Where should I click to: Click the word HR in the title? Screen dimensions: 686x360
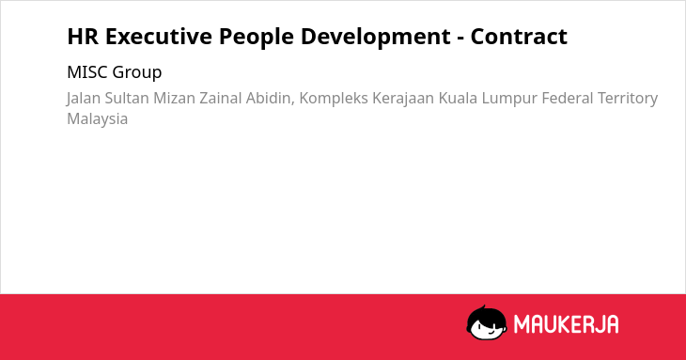tap(83, 37)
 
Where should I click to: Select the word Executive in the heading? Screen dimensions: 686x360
tap(159, 37)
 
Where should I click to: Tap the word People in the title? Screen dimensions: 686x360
tap(256, 38)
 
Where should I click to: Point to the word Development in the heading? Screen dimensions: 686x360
tap(375, 38)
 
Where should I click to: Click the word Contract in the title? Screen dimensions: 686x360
tap(519, 37)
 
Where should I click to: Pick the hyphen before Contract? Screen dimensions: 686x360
tap(460, 39)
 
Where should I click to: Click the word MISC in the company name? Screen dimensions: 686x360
tap(87, 72)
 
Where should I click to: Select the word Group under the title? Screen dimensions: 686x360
tap(137, 73)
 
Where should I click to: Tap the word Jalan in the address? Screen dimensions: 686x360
tap(84, 99)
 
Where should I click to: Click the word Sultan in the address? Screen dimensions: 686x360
tap(127, 98)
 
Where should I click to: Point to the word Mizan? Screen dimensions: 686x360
tap(174, 98)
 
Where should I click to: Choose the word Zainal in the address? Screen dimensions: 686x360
tap(221, 98)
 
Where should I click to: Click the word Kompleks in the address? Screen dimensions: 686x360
tap(334, 99)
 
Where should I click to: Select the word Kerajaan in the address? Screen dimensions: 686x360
tap(403, 99)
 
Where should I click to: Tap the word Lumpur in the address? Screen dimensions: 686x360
tap(509, 99)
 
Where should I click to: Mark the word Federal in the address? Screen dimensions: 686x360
tap(568, 98)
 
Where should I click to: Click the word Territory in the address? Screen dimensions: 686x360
tap(628, 99)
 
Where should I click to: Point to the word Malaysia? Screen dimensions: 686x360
tap(97, 119)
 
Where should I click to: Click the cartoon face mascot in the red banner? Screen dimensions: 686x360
tap(486, 322)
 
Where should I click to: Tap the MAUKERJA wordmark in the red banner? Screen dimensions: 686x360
tap(566, 324)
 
